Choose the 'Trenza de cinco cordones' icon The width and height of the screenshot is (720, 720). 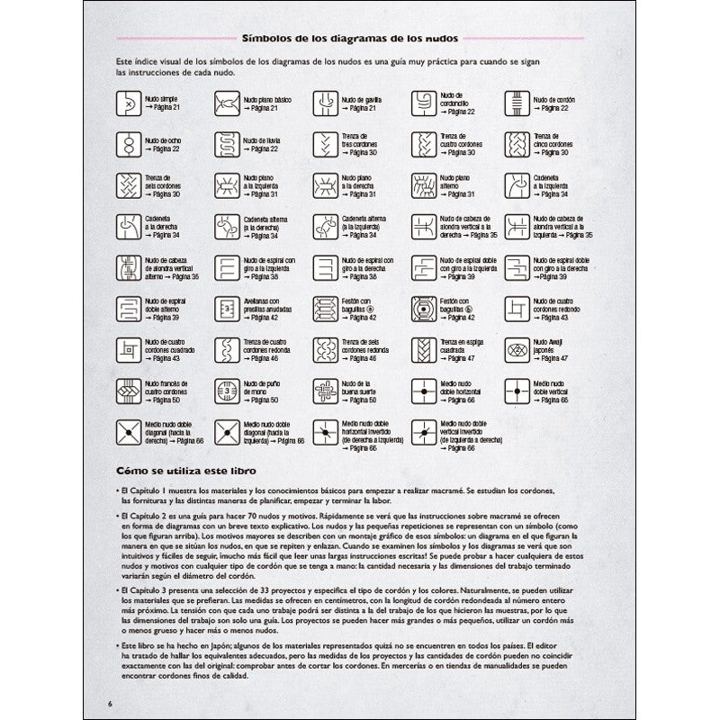coord(517,143)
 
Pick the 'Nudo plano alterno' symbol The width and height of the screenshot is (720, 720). coord(419,184)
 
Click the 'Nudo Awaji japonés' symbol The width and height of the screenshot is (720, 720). coord(517,348)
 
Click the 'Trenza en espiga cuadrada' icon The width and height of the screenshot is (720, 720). coord(419,348)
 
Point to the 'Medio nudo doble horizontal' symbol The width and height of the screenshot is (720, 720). coord(419,390)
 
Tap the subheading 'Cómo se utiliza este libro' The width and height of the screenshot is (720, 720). coord(181,471)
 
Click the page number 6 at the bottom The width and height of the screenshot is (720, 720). coord(109,703)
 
